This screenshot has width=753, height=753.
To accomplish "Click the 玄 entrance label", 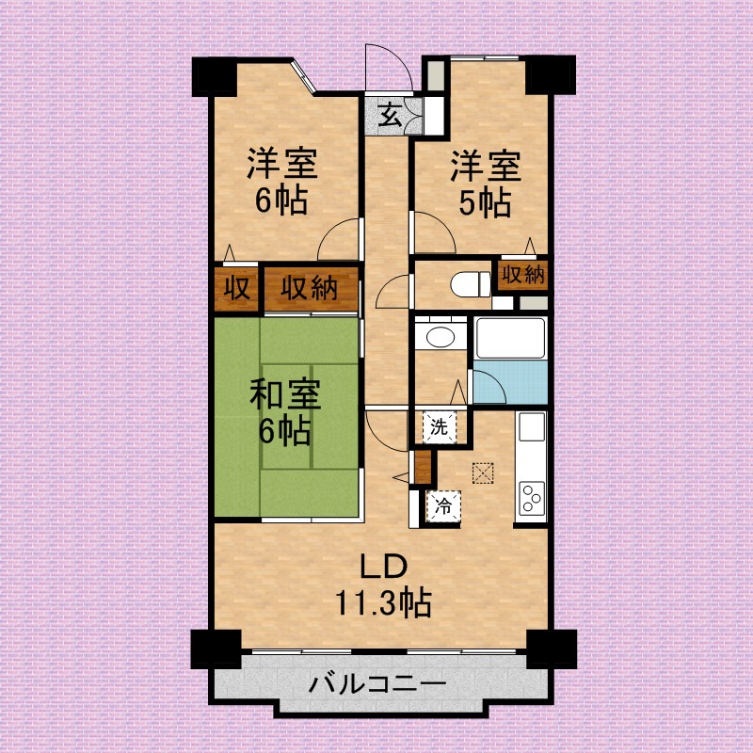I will pyautogui.click(x=390, y=117).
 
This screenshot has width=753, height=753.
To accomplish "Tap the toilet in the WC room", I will pyautogui.click(x=463, y=282).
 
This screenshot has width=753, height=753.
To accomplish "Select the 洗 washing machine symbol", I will pyautogui.click(x=440, y=425).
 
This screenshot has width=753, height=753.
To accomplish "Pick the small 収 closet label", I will pyautogui.click(x=235, y=289).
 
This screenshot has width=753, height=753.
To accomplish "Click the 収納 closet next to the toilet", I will pyautogui.click(x=521, y=275).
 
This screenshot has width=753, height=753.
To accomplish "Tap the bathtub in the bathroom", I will pyautogui.click(x=510, y=339).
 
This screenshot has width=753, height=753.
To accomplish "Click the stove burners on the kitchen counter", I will pyautogui.click(x=531, y=494).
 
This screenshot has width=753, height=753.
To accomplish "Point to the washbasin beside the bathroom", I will pyautogui.click(x=440, y=336).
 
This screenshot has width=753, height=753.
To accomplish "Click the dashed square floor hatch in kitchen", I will pyautogui.click(x=484, y=473).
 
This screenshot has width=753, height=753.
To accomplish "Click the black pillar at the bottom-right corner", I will pyautogui.click(x=551, y=648).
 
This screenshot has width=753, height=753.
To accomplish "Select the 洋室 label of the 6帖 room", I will pyautogui.click(x=282, y=165).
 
